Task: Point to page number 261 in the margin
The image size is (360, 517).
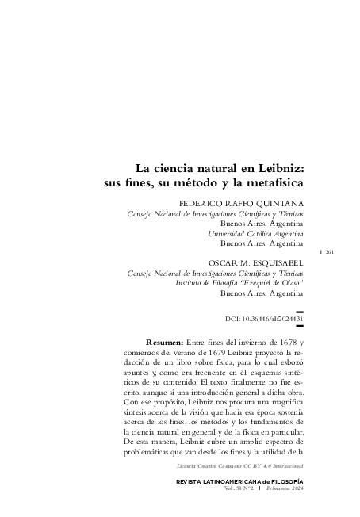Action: click(x=328, y=251)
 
